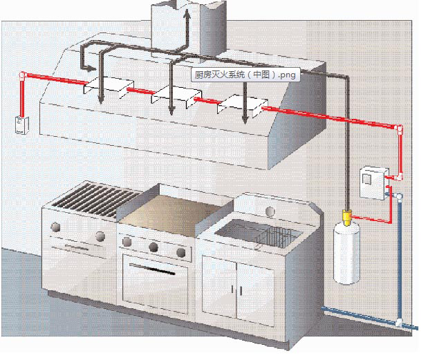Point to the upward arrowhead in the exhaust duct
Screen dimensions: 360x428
click(186, 14)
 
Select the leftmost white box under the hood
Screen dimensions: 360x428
click(106, 87)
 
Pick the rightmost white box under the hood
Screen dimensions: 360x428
click(241, 105)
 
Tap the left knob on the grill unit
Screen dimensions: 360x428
click(55, 226)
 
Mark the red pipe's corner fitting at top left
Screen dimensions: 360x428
click(23, 75)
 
